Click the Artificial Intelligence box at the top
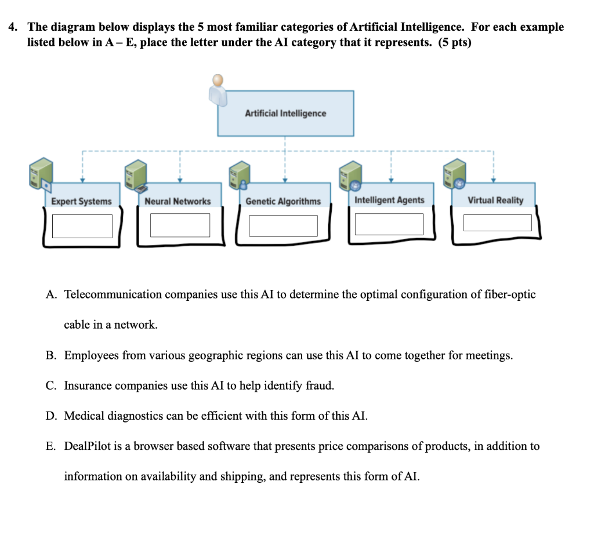tap(285, 114)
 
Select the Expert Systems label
tap(81, 201)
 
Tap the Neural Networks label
tap(178, 201)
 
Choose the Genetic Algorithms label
tap(283, 201)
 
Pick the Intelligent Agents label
tap(389, 200)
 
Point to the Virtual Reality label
tap(495, 200)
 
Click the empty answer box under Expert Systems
tap(82, 225)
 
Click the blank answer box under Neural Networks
tap(180, 225)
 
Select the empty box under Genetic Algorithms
tap(283, 225)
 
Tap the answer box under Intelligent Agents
tap(389, 224)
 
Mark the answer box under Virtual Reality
tap(497, 223)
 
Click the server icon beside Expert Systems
tap(41, 173)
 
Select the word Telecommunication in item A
tap(113, 294)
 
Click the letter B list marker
tap(51, 355)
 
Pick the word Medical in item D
tap(84, 416)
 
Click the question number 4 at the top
tap(12, 27)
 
